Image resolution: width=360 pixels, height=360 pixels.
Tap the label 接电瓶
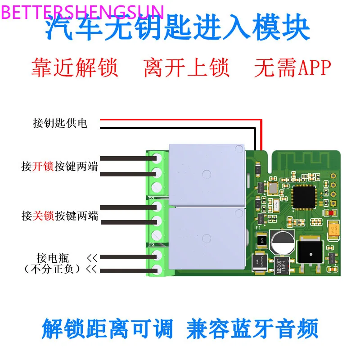[x=53, y=258]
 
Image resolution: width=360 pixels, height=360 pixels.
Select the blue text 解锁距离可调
[x=107, y=329]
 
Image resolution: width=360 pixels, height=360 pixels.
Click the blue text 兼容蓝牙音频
[x=252, y=329]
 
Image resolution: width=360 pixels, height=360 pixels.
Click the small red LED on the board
[x=332, y=213]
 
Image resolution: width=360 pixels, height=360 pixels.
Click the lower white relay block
[x=207, y=237]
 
